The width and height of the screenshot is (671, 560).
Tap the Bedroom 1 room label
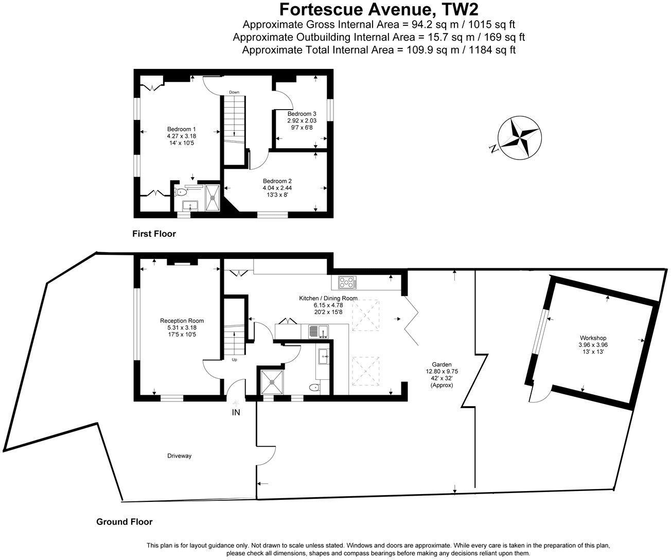coord(181,129)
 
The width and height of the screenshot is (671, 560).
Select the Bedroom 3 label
coord(302,114)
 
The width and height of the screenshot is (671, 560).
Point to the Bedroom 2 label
coord(277,181)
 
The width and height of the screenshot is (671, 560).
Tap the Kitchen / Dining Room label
coord(328,298)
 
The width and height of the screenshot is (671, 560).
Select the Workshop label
coord(591,338)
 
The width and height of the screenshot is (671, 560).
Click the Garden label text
coord(438,364)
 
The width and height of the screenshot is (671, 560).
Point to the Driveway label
coord(179,456)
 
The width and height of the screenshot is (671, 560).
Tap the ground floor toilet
coord(314,388)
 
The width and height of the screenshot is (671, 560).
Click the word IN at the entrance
coord(236,412)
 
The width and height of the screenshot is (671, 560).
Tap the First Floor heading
coord(154,234)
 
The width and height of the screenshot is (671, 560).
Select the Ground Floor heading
coord(125,522)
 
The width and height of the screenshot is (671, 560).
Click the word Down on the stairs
coord(234,92)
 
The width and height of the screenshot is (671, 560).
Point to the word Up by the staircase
coord(234,360)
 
